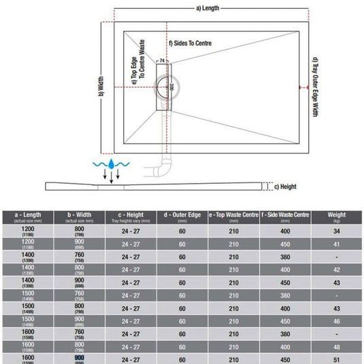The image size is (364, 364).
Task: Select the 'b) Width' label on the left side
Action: coord(100,86)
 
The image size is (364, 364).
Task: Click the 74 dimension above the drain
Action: coord(162,61)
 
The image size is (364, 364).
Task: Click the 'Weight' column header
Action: coord(336,217)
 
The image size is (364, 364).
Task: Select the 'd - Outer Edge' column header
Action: coord(182,217)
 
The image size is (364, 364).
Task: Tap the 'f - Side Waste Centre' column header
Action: coord(284,217)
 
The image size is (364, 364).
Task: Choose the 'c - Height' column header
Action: coord(129,217)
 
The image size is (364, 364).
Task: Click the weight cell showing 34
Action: coord(336,232)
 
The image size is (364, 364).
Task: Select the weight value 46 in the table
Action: coord(336,320)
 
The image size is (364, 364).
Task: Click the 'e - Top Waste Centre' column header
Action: coord(233,217)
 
